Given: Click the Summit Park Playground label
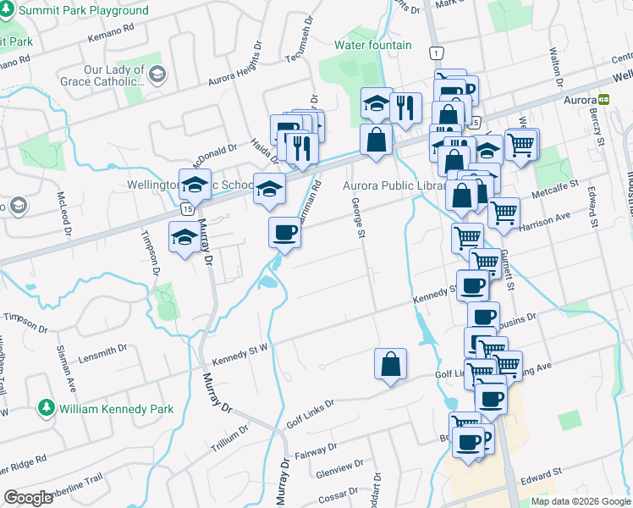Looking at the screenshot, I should point(83,11).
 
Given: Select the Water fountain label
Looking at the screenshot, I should point(372,45).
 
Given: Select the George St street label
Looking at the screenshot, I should point(361,217).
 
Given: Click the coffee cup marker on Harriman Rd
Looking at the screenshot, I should point(284,232).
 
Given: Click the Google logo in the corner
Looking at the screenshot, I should point(28,498).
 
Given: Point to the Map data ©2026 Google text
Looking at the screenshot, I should point(580,501).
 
